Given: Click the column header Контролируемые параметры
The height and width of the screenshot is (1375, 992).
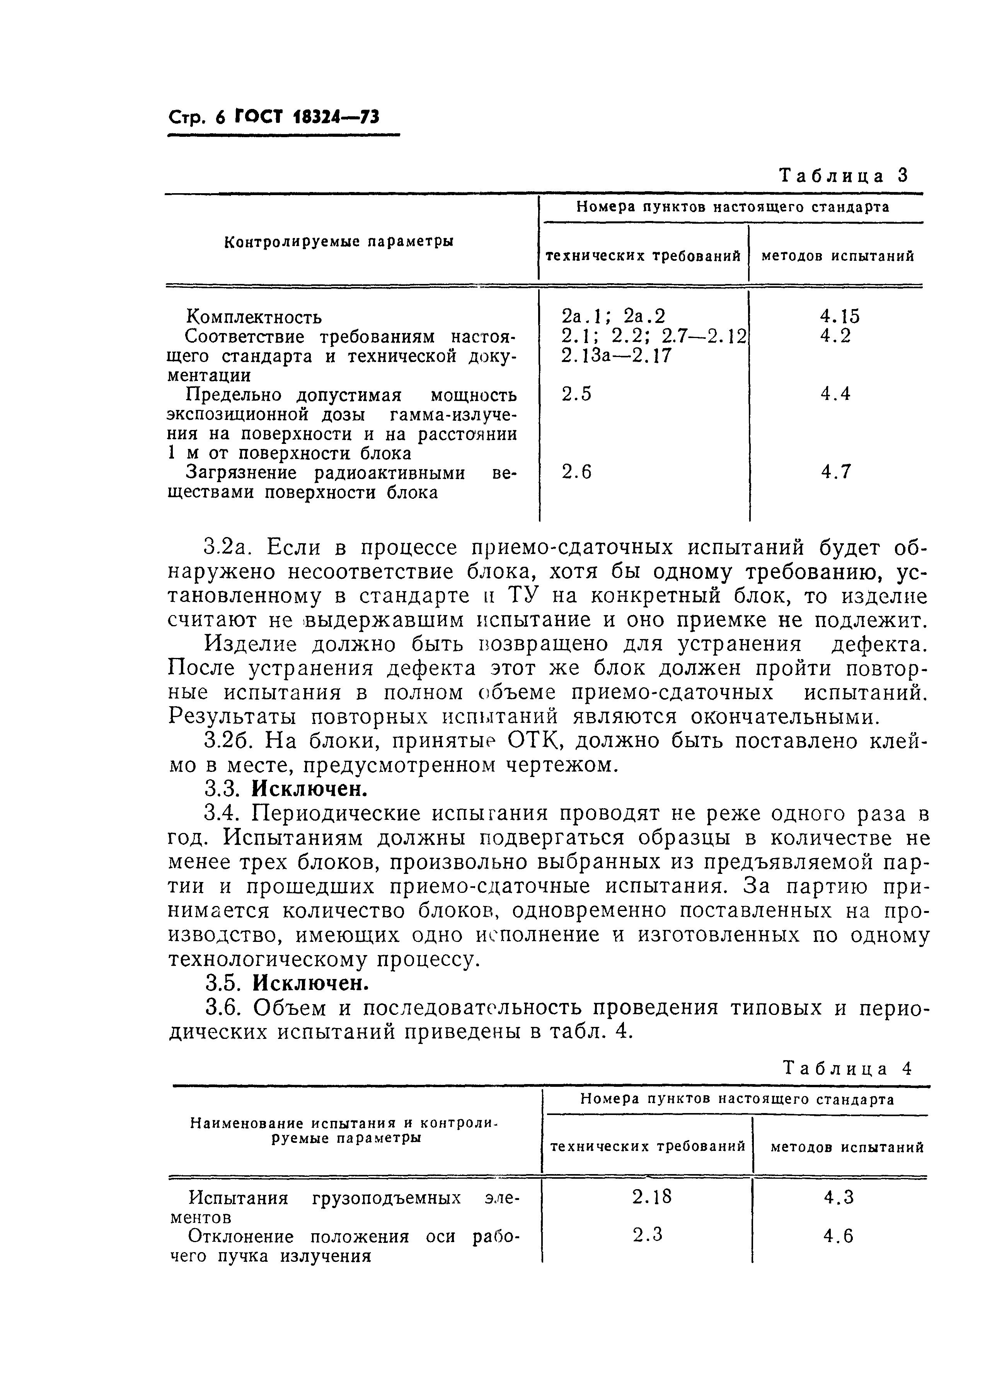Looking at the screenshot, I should [x=339, y=242].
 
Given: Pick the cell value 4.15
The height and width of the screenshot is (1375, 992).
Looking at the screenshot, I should [x=839, y=316].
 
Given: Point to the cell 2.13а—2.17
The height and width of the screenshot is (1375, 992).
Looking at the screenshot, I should [x=617, y=355].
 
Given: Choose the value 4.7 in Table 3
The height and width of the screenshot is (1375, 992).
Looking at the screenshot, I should [x=836, y=472].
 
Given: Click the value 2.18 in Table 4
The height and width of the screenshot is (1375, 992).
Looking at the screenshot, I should [x=652, y=1197].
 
